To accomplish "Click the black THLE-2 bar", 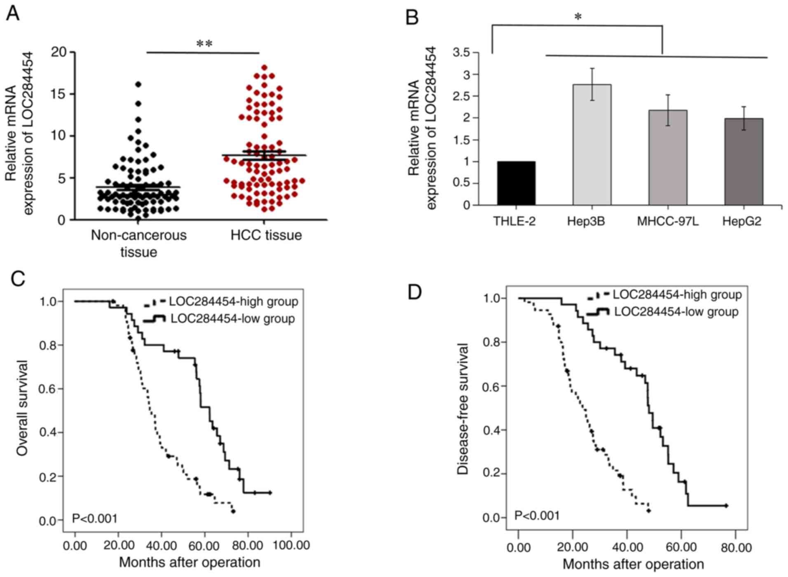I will pyautogui.click(x=516, y=183).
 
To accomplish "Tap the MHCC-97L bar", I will pyautogui.click(x=668, y=157).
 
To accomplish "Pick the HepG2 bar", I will pyautogui.click(x=744, y=162).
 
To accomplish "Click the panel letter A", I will pyautogui.click(x=12, y=14).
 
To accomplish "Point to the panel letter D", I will pyautogui.click(x=414, y=292).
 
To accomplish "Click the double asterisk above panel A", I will pyautogui.click(x=204, y=44).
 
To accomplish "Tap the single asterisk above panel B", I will pyautogui.click(x=578, y=17).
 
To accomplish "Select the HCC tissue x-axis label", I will pyautogui.click(x=266, y=235).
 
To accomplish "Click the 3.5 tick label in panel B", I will pyautogui.click(x=461, y=53).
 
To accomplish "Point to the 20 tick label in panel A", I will pyautogui.click(x=59, y=52).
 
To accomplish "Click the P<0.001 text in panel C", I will pyautogui.click(x=95, y=518).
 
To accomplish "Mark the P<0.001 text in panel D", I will pyautogui.click(x=537, y=515).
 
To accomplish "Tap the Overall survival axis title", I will pyautogui.click(x=22, y=408).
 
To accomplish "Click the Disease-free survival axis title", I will pyautogui.click(x=463, y=409).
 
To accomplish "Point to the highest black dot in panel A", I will pyautogui.click(x=138, y=84).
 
